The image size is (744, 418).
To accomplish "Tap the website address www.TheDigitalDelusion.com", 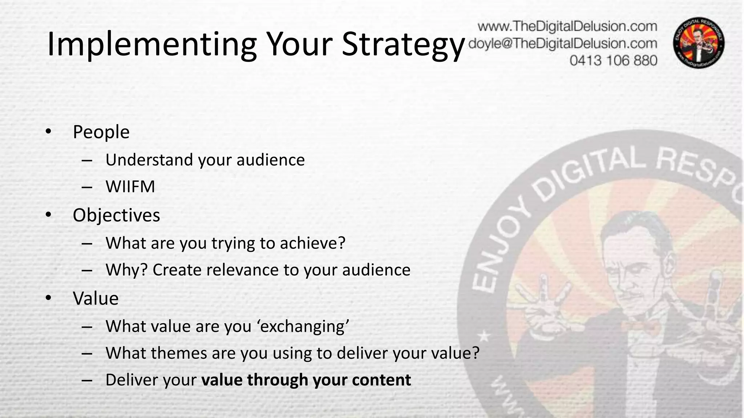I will (567, 26).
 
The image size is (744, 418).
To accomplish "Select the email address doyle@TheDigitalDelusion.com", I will (563, 44).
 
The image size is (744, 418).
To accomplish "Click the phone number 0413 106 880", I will (613, 60).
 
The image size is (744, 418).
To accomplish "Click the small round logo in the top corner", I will (699, 43).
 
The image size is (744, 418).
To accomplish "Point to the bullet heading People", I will (101, 132).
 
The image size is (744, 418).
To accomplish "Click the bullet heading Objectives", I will (116, 215).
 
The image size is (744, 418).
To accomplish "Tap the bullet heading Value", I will (96, 299).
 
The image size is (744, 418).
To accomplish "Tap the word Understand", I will (149, 160).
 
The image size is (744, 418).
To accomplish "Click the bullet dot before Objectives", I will (48, 215).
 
